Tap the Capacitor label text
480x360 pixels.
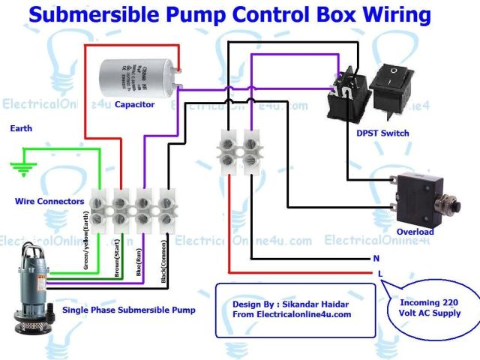(x=135, y=104)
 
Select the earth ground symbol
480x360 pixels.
(x=23, y=167)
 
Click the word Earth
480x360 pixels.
(x=21, y=129)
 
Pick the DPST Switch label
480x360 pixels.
(x=383, y=133)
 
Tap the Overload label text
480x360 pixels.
(x=414, y=232)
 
